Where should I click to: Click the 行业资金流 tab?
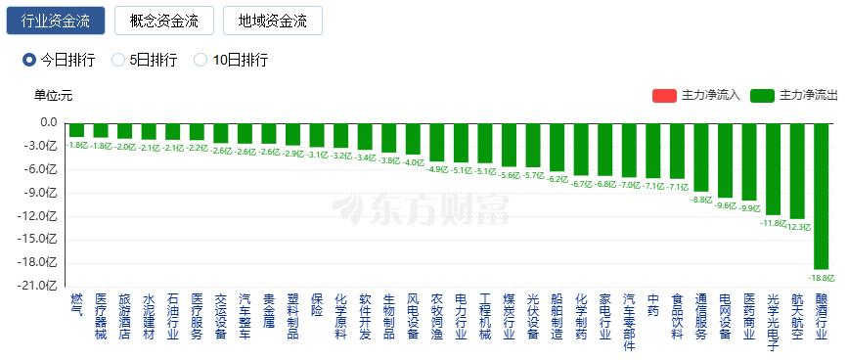55,21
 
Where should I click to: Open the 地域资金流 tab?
272,21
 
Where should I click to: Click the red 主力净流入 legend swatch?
664,95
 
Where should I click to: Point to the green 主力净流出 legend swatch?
762,95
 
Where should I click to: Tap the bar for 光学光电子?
774,167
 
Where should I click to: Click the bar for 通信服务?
701,157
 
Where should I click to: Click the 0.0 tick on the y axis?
49,122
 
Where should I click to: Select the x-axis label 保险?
317,304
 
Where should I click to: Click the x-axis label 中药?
653,304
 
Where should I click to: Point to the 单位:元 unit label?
53,95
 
